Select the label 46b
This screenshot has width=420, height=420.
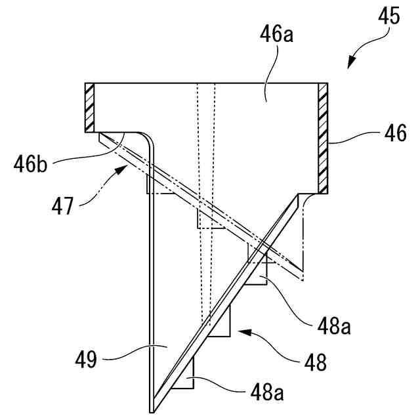pos(31,162)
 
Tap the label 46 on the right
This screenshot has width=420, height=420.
pos(394,135)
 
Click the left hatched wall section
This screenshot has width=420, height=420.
pos(91,106)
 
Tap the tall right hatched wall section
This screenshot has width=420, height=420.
pos(322,138)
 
